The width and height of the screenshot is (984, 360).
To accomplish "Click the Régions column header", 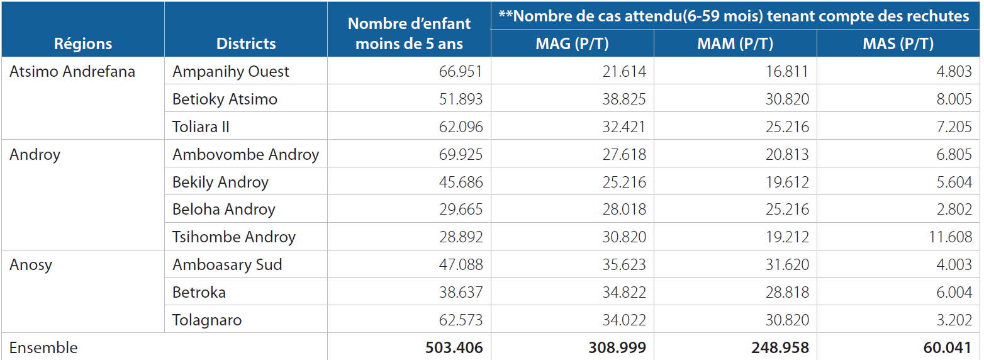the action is [83, 44].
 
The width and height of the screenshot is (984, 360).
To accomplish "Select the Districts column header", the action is [246, 43].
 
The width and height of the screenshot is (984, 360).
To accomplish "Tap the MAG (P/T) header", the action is [572, 43].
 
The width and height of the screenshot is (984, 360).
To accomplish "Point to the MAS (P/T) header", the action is [898, 43].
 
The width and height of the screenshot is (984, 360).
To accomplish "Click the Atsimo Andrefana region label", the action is [72, 71].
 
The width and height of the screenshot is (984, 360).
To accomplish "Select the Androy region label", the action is [35, 155].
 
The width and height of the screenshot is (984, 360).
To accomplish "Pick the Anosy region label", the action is [31, 265].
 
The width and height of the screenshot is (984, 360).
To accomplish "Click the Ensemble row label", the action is [43, 347].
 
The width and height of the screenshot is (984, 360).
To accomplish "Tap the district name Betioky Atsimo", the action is [225, 99].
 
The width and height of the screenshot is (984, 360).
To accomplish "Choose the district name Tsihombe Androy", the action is [233, 237].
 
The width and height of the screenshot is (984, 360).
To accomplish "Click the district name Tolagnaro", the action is [207, 320].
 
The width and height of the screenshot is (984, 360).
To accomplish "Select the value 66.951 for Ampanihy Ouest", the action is [461, 72].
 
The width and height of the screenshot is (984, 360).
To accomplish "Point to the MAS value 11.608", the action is [950, 237].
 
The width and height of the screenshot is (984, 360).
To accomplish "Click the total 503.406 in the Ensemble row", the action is [454, 347].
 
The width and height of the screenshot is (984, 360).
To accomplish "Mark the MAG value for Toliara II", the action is [623, 127].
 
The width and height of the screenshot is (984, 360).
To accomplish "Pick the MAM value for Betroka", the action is [787, 292].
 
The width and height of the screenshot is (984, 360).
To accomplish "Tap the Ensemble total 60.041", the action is [947, 347].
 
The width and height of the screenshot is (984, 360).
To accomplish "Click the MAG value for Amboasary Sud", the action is [623, 264].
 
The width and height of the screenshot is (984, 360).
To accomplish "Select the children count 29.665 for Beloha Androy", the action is [461, 209].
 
